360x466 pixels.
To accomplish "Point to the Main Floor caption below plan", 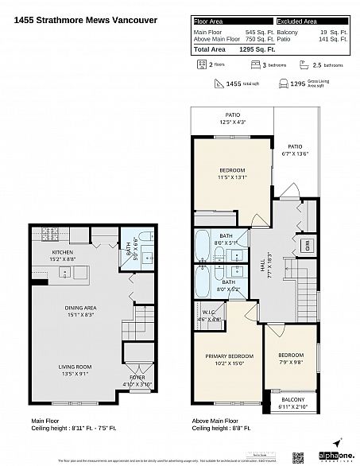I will [45, 421].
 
